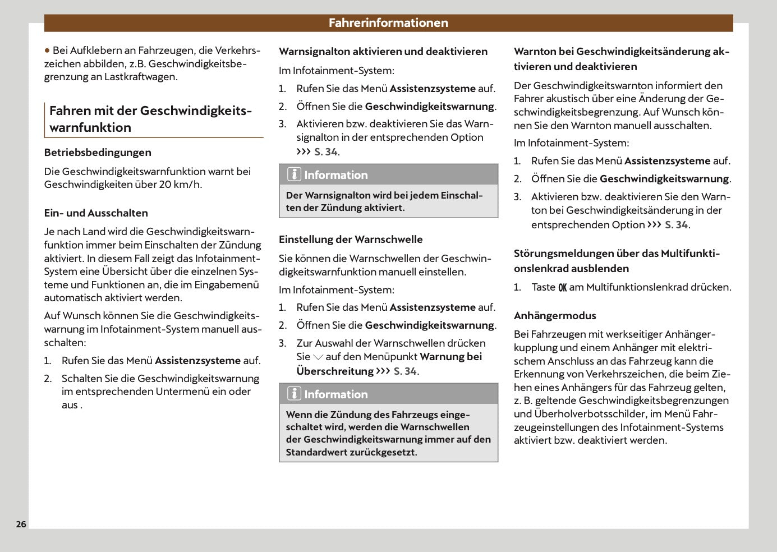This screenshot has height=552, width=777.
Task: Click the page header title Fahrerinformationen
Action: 388,23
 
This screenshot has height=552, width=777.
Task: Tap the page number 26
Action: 21,525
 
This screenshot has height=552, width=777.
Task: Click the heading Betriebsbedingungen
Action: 98,153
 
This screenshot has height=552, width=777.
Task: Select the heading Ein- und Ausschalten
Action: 96,213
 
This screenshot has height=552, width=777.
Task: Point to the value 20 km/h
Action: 180,185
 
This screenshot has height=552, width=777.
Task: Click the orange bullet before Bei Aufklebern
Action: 47,50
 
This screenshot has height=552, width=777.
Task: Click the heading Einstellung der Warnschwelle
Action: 351,240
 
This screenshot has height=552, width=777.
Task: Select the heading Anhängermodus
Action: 555,316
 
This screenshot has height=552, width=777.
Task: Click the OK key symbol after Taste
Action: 562,288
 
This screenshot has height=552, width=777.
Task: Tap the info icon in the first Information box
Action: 294,174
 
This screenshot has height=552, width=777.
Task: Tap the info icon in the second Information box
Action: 294,394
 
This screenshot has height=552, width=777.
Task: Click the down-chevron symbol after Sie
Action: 318,357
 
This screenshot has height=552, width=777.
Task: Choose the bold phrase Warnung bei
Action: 450,357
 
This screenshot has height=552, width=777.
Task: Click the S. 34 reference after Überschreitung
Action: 405,371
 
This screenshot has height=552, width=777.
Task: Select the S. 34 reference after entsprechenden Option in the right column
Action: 677,225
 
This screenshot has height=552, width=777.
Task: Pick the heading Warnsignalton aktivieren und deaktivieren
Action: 383,52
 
